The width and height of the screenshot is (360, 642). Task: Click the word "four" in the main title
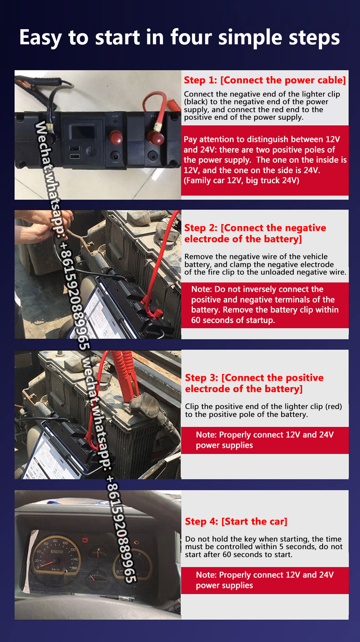(190, 37)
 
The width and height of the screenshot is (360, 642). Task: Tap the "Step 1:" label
(201, 80)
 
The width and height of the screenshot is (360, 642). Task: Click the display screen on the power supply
(82, 132)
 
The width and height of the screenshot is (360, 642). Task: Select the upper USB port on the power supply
(75, 148)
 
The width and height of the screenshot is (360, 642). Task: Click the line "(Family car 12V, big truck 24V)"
(242, 180)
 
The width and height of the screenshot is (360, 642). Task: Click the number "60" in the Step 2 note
(196, 320)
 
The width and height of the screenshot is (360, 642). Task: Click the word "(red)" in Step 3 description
(334, 406)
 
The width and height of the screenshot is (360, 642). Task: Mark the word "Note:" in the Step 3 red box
(206, 435)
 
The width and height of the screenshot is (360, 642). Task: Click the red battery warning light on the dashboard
(85, 540)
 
